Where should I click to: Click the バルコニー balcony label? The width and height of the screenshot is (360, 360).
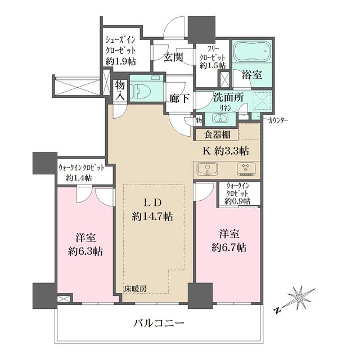(x=159, y=323)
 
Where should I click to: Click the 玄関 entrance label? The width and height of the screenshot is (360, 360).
(x=172, y=56)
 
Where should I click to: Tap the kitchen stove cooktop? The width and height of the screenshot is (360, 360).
(x=245, y=168)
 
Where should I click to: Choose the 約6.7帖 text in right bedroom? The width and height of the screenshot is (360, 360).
(x=229, y=247)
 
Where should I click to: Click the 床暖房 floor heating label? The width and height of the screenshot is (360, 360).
(x=135, y=289)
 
